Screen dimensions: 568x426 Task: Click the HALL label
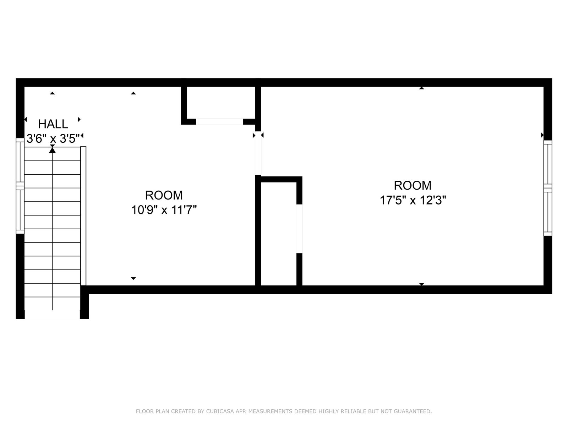tap(53, 124)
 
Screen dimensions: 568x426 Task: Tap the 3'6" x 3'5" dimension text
tap(53, 139)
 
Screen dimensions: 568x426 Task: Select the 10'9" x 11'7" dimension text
tap(164, 210)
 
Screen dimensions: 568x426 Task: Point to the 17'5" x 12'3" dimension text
tap(413, 200)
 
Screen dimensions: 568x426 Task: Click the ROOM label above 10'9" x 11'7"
tap(164, 195)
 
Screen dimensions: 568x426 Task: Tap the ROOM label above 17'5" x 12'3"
tap(413, 185)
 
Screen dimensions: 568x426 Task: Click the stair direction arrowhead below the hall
tap(52, 150)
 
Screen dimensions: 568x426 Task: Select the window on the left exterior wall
tap(20, 186)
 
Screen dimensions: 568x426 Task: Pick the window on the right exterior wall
tap(548, 188)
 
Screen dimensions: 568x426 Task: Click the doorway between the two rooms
tap(258, 153)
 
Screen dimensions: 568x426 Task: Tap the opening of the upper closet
tap(219, 121)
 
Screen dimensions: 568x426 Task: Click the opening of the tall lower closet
tap(299, 229)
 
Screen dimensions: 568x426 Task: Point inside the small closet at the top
tap(221, 103)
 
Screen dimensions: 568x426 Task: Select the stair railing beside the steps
tap(83, 216)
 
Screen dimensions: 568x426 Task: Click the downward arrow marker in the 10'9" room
tap(133, 279)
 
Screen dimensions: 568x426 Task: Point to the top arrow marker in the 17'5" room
tap(421, 88)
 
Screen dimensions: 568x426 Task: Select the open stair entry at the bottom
tap(52, 315)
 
